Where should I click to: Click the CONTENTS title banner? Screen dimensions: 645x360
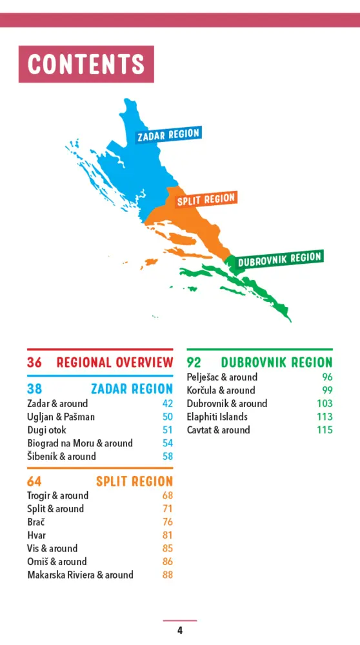pyautogui.click(x=86, y=64)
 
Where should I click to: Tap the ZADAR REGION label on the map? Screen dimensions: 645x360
pyautogui.click(x=168, y=135)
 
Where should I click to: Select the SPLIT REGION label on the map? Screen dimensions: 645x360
pyautogui.click(x=206, y=199)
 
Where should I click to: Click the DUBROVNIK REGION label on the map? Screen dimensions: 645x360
pyautogui.click(x=279, y=259)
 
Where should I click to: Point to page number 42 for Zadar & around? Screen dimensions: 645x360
pyautogui.click(x=168, y=404)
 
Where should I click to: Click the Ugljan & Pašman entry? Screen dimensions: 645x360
pyautogui.click(x=61, y=417)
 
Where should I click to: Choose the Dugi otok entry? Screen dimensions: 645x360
pyautogui.click(x=46, y=430)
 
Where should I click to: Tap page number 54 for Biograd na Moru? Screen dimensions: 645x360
pyautogui.click(x=168, y=443)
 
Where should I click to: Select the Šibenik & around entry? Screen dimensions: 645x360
pyautogui.click(x=61, y=457)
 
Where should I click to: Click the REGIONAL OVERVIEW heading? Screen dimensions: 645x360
pyautogui.click(x=114, y=362)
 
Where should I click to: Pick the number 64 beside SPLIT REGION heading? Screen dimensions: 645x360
pyautogui.click(x=34, y=481)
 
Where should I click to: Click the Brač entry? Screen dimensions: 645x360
pyautogui.click(x=36, y=522)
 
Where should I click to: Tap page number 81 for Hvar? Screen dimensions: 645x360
pyautogui.click(x=168, y=535)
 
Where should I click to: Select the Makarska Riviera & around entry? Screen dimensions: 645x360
pyautogui.click(x=80, y=575)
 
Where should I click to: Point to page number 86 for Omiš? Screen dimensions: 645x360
pyautogui.click(x=168, y=562)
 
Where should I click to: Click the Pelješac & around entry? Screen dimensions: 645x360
pyautogui.click(x=222, y=377)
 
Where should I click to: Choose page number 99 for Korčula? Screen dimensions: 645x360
pyautogui.click(x=327, y=390)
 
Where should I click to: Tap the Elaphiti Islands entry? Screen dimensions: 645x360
pyautogui.click(x=217, y=417)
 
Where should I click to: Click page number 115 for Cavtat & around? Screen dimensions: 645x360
pyautogui.click(x=325, y=430)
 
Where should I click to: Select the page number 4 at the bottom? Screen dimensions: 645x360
pyautogui.click(x=180, y=630)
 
